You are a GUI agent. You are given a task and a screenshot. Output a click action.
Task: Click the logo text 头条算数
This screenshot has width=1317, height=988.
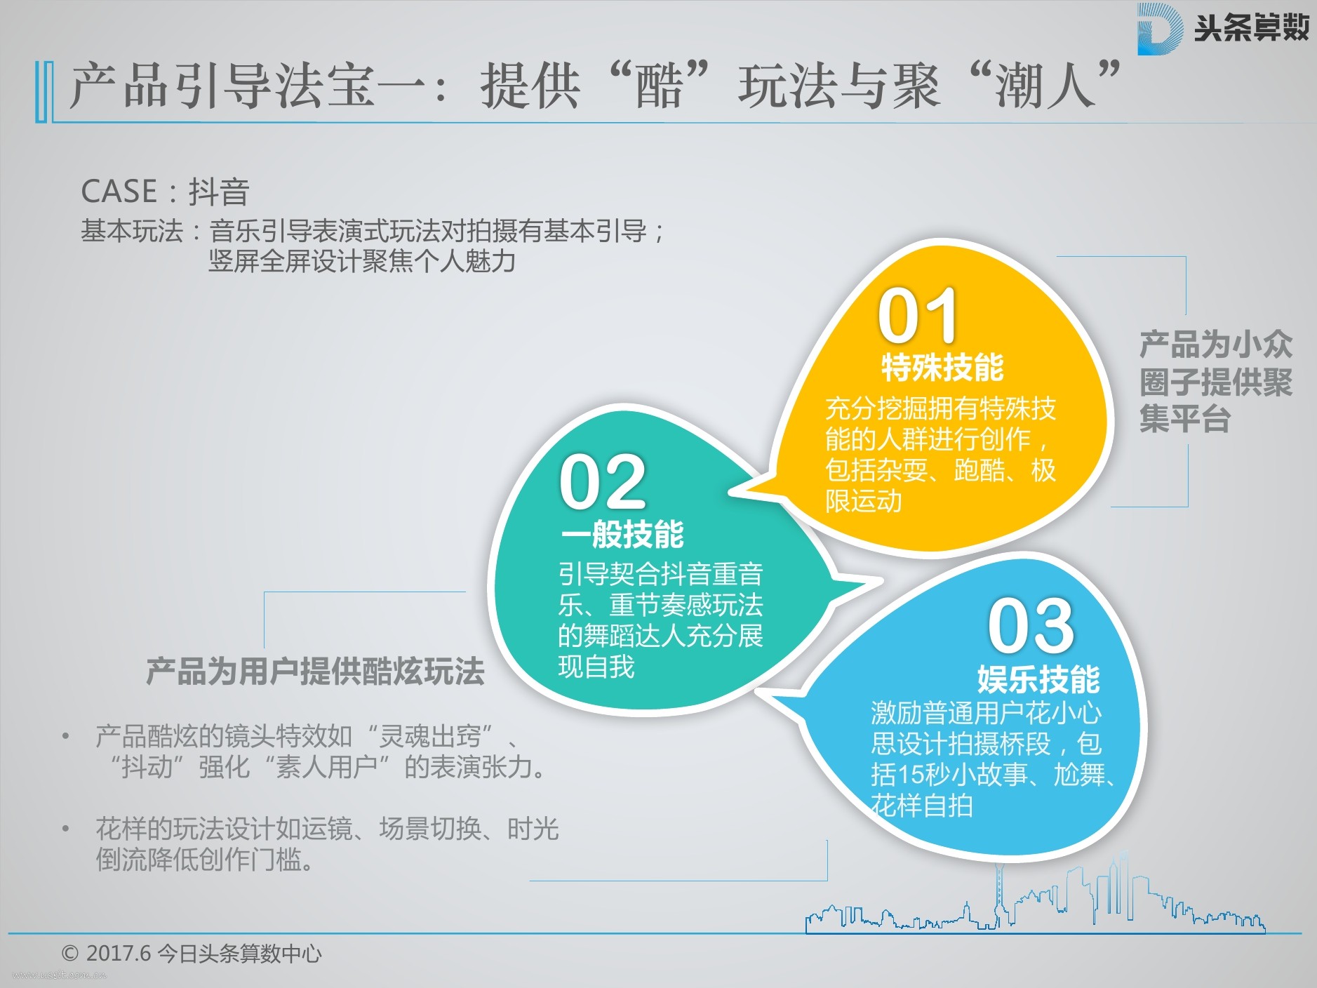1251,28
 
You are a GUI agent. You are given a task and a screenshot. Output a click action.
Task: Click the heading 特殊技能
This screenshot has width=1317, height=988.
942,368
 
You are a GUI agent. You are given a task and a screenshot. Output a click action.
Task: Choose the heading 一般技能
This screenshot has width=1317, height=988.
622,535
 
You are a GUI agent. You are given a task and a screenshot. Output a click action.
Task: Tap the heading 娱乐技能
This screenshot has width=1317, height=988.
1038,679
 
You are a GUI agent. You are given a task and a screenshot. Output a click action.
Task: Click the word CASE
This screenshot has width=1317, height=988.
119,192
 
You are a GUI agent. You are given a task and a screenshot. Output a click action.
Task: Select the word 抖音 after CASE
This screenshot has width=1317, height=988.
219,192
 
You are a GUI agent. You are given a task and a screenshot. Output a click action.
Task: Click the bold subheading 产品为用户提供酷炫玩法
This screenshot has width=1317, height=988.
315,672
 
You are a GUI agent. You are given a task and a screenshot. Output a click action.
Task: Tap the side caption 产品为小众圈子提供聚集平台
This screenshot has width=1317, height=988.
1215,382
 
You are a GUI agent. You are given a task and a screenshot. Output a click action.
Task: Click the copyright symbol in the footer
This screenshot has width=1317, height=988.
69,953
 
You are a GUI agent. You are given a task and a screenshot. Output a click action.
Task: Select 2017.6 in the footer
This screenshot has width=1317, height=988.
118,953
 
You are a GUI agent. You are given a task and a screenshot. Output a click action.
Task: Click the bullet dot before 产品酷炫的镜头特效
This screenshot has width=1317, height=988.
65,736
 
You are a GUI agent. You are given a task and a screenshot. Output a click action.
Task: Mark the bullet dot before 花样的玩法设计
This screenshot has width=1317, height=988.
65,829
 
